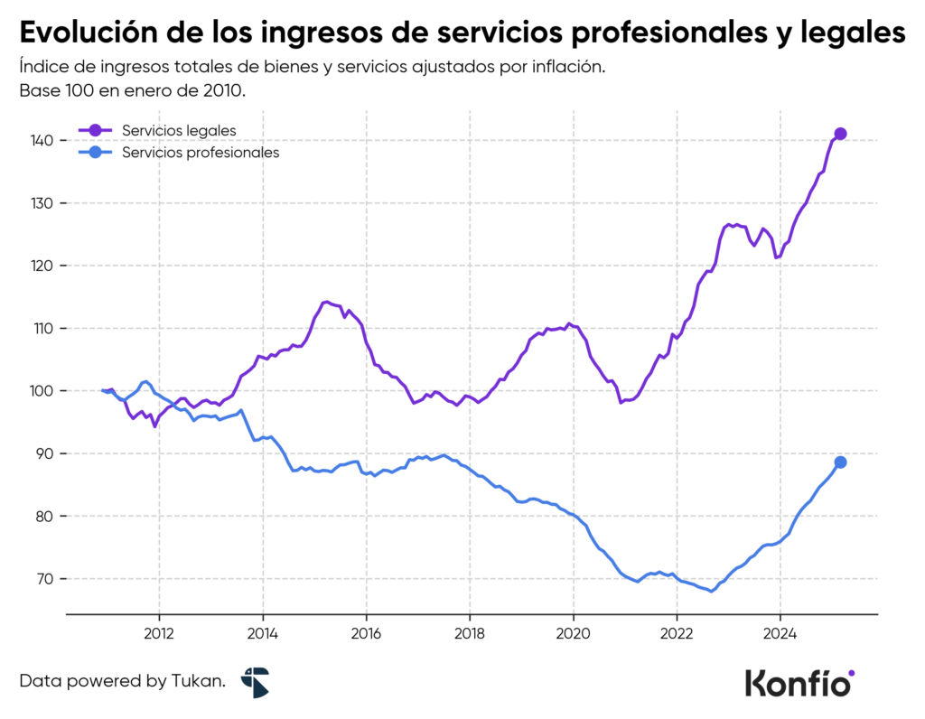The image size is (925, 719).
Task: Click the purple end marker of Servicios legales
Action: (840, 134)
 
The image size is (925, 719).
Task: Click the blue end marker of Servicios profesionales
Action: (840, 462)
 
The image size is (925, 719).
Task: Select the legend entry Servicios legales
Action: (179, 131)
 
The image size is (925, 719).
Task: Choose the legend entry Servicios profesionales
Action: (200, 153)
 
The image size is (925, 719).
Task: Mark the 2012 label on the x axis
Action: (159, 632)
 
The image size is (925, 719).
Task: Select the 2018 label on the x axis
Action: (469, 632)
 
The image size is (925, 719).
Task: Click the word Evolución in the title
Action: (87, 33)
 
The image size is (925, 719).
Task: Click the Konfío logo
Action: (799, 682)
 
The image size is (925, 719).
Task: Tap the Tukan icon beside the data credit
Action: (255, 682)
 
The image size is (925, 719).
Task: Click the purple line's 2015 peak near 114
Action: (326, 302)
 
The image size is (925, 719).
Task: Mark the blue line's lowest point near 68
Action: (712, 592)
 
